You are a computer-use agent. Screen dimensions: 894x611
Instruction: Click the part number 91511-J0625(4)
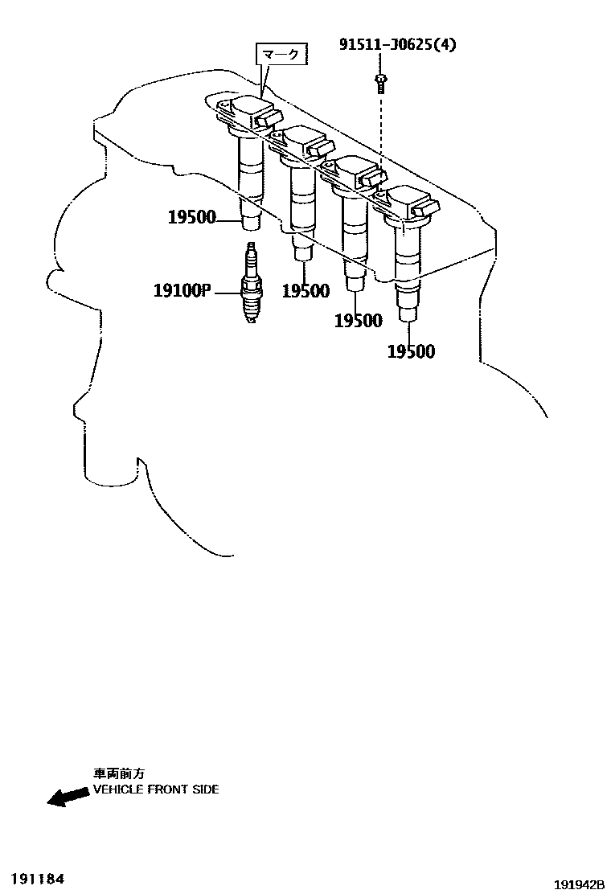pyautogui.click(x=397, y=45)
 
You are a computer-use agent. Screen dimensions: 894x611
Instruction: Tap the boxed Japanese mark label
pyautogui.click(x=281, y=55)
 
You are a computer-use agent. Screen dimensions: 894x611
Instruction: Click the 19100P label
pyautogui.click(x=181, y=290)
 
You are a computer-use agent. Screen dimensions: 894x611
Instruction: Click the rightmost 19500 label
pyautogui.click(x=411, y=351)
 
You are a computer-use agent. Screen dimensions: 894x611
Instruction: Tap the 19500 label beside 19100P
pyautogui.click(x=305, y=291)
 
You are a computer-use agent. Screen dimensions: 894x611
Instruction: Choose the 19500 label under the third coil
pyautogui.click(x=358, y=321)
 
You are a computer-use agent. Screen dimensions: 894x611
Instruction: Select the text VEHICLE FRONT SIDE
pyautogui.click(x=155, y=789)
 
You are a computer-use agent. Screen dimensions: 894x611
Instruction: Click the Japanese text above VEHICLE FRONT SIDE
pyautogui.click(x=118, y=773)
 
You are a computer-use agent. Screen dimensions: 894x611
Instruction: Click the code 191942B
pyautogui.click(x=579, y=884)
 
